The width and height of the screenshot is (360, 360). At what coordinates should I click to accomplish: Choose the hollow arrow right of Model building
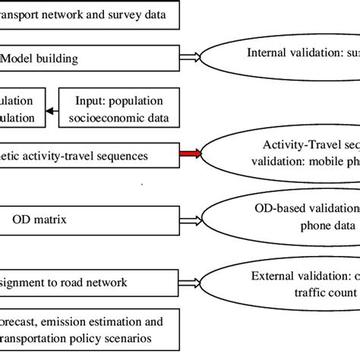click(192, 55)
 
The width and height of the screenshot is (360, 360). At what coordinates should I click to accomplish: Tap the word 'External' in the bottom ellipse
click(272, 274)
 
